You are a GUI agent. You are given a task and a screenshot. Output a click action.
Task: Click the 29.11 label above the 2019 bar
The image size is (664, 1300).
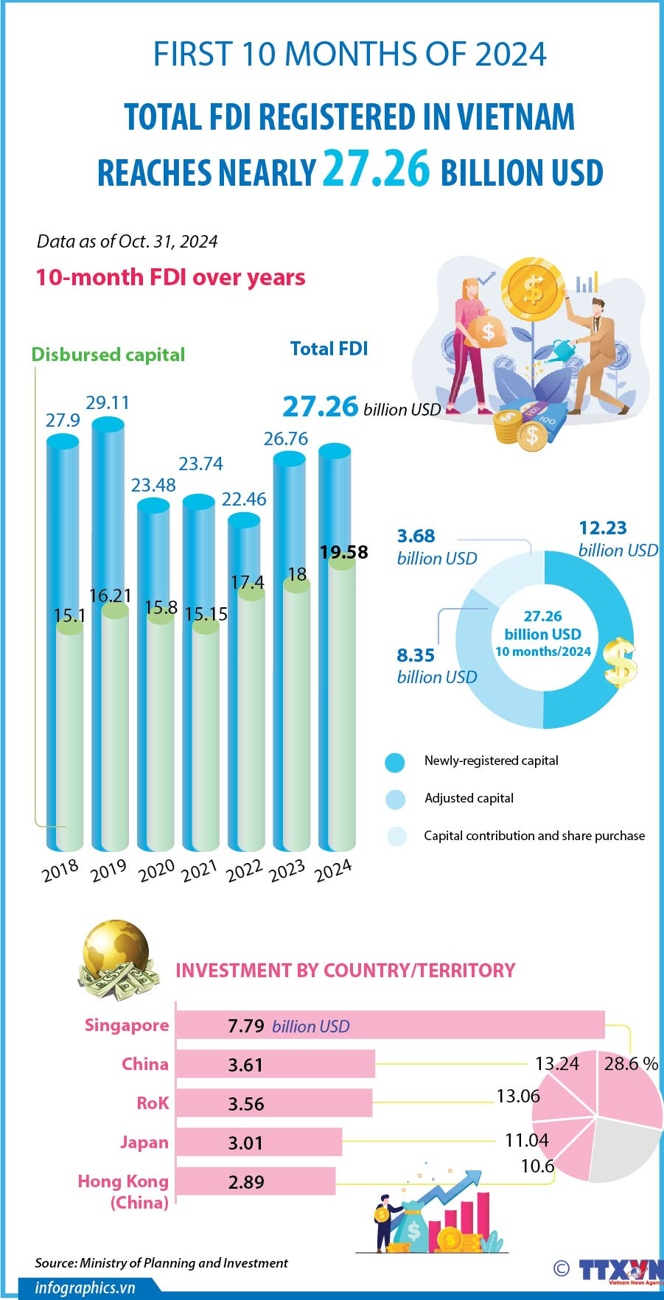tap(108, 402)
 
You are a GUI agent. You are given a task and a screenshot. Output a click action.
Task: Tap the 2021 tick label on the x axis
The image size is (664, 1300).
tap(199, 870)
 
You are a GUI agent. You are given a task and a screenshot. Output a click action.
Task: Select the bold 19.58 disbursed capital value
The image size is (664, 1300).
tap(343, 552)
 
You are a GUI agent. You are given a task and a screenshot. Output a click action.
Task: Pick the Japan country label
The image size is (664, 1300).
tap(144, 1142)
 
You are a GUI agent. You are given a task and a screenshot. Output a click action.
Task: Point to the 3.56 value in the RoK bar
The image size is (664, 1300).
tap(245, 1104)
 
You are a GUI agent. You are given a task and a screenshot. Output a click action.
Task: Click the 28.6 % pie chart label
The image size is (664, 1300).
tap(631, 1063)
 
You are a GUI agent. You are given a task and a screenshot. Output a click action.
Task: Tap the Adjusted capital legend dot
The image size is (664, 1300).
tap(396, 799)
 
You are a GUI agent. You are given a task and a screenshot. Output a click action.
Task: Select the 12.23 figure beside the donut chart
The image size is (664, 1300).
tap(603, 528)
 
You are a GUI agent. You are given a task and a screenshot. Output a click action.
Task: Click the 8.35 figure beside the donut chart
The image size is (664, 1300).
tap(416, 655)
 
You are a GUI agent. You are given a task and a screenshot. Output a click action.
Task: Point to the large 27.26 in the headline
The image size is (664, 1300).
tap(376, 169)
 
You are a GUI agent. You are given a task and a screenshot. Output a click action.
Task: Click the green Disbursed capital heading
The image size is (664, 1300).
tap(108, 354)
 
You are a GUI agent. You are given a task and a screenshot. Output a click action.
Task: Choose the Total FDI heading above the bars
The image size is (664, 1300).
tap(329, 349)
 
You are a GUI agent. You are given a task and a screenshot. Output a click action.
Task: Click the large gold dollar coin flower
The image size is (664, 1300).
tap(532, 289)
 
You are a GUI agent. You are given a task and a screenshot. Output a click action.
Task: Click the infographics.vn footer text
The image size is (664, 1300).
tap(85, 1287)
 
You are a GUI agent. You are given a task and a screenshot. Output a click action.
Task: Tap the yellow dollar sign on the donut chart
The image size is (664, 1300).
tap(620, 661)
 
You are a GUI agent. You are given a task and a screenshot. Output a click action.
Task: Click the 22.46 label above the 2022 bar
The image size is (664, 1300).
tap(244, 499)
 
